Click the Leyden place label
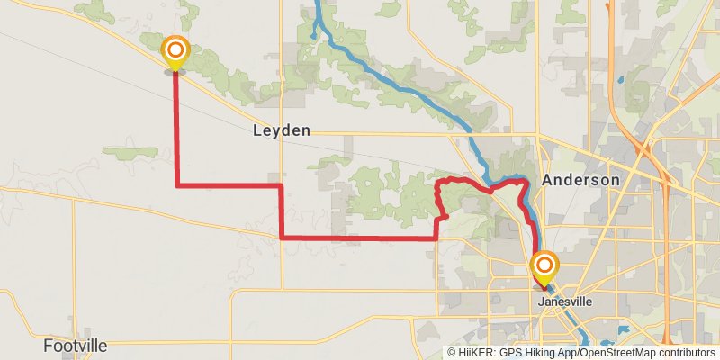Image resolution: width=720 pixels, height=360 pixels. point(281,130)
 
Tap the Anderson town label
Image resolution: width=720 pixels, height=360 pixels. point(581,180)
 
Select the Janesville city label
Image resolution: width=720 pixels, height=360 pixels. point(564,301)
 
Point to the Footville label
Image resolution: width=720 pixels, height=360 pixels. point(76,346)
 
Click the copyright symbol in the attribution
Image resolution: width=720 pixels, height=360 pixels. point(452,353)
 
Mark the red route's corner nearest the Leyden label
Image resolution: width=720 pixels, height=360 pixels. point(282,185)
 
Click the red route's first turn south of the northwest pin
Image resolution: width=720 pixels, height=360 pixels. point(175,185)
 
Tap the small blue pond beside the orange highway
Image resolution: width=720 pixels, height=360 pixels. point(624,80)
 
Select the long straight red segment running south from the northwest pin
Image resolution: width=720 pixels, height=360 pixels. point(175,126)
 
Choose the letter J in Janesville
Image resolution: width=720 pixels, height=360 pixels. point(540,301)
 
